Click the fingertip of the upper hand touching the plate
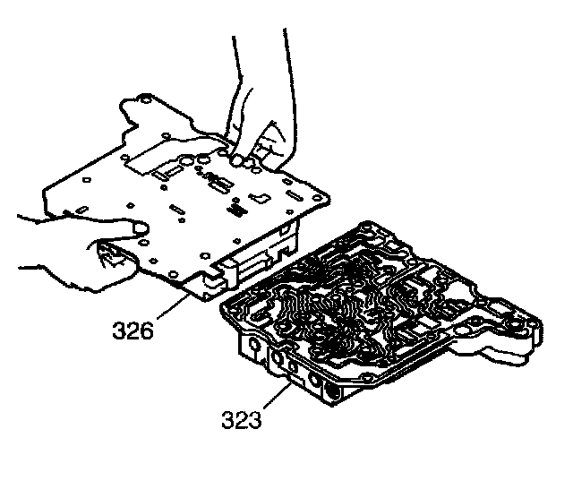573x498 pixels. point(240,159)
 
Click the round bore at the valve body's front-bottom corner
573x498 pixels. point(332,393)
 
